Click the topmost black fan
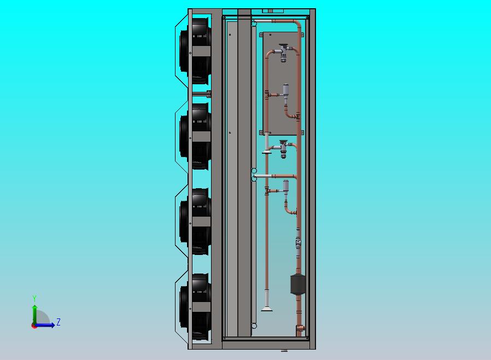pyautogui.click(x=195, y=51)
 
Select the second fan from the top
pyautogui.click(x=195, y=136)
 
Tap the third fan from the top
pyautogui.click(x=195, y=222)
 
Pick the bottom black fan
pyautogui.click(x=195, y=307)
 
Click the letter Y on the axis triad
pyautogui.click(x=34, y=298)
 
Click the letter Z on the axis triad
pyautogui.click(x=59, y=322)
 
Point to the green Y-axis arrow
pyautogui.click(x=35, y=315)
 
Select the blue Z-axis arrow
pyautogui.click(x=44, y=325)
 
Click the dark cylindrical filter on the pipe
pyautogui.click(x=298, y=284)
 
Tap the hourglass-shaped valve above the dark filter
pyautogui.click(x=298, y=242)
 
